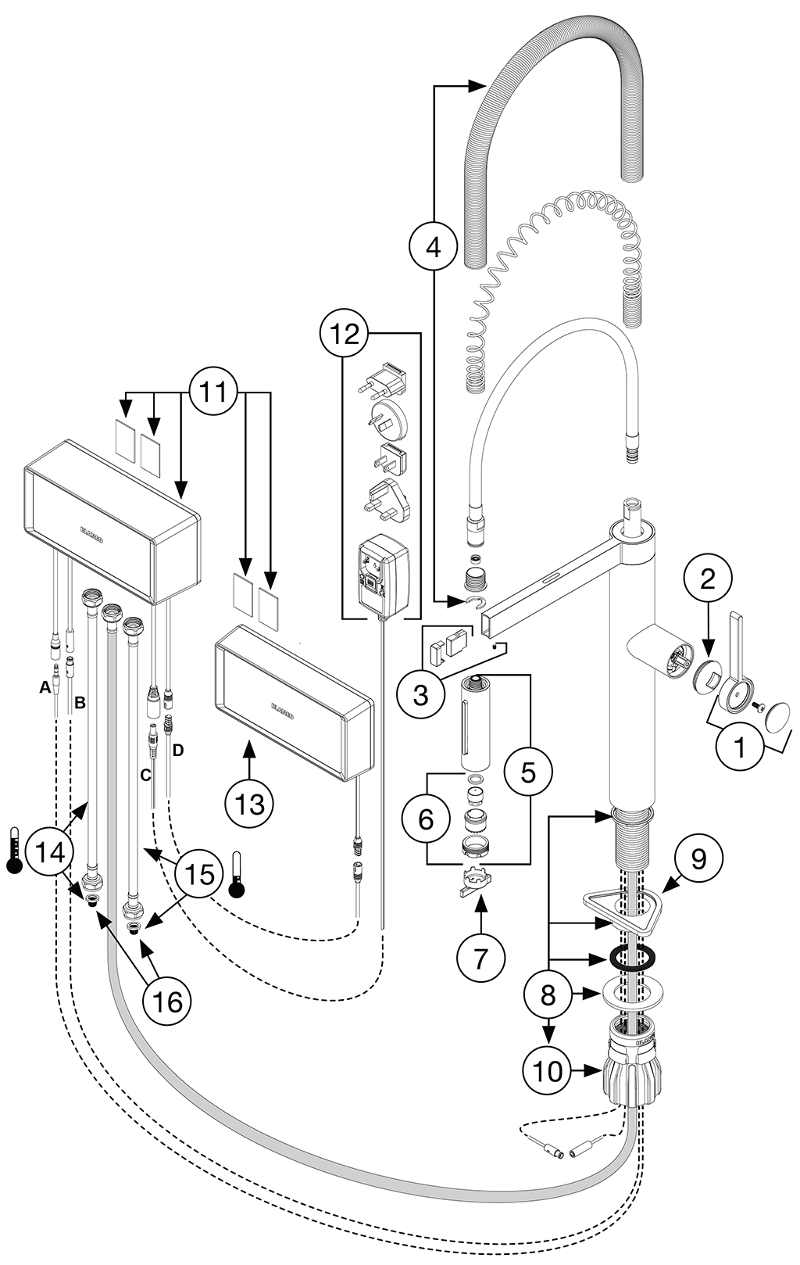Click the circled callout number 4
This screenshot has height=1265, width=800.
pyautogui.click(x=432, y=246)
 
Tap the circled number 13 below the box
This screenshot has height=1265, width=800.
pyautogui.click(x=250, y=803)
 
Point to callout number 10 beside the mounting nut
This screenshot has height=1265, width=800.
pyautogui.click(x=548, y=1070)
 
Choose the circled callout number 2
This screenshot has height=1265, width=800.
pyautogui.click(x=708, y=579)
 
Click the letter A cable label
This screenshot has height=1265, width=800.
pyautogui.click(x=46, y=686)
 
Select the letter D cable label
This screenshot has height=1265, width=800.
pyautogui.click(x=178, y=750)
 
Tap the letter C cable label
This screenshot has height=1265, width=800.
pyautogui.click(x=144, y=775)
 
